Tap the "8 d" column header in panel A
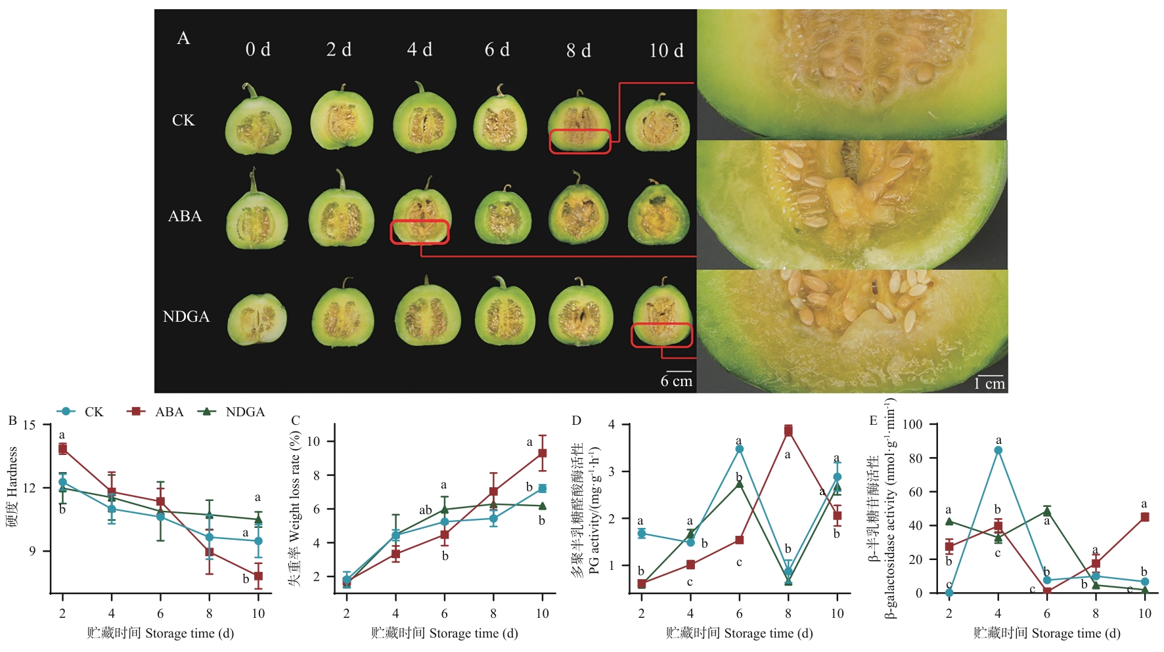(x=579, y=51)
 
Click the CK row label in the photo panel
(x=183, y=121)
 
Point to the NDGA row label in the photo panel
(x=186, y=316)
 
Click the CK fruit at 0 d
(x=258, y=123)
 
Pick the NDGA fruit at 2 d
(x=342, y=316)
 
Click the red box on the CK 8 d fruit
(x=580, y=141)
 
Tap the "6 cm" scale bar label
(x=676, y=381)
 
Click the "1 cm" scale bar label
(x=989, y=384)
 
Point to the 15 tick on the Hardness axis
(x=30, y=425)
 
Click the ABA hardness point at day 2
(x=62, y=448)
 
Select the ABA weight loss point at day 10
(x=543, y=453)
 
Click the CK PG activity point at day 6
(x=740, y=449)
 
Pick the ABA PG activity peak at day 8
(x=788, y=430)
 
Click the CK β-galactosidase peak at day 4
(x=998, y=450)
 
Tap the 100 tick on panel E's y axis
(x=912, y=425)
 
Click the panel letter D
(x=577, y=421)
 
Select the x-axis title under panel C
(x=444, y=633)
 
